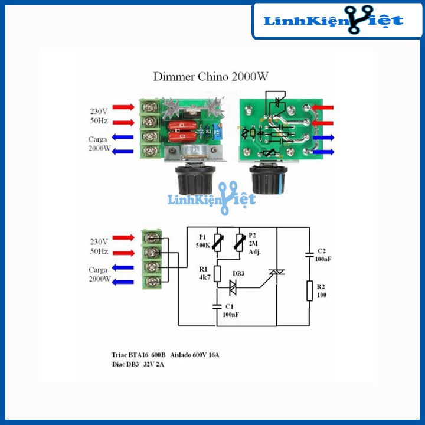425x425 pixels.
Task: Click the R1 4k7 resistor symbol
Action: [x=217, y=273]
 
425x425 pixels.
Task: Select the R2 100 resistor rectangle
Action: [x=309, y=291]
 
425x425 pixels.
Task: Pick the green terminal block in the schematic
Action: [x=152, y=259]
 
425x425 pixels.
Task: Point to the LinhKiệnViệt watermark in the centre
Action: [x=211, y=200]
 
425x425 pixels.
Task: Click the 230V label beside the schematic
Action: [x=99, y=241]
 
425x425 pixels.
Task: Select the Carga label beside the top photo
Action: [x=99, y=140]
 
